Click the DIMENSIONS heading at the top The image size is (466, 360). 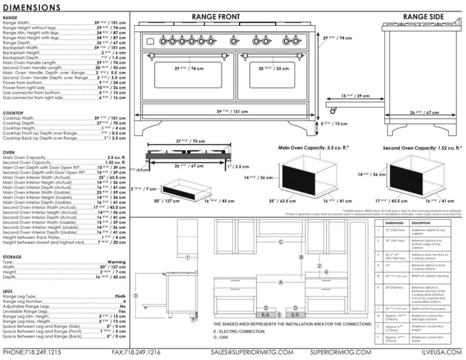[32, 7]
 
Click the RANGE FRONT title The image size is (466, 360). [215, 17]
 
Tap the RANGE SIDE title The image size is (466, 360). [423, 17]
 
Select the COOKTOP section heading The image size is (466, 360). [12, 113]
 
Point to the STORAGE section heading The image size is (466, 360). [12, 257]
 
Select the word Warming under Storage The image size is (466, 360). [117, 262]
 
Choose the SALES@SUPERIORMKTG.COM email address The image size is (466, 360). [252, 352]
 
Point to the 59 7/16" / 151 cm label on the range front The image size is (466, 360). [233, 112]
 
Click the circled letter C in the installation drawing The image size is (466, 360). [281, 242]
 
